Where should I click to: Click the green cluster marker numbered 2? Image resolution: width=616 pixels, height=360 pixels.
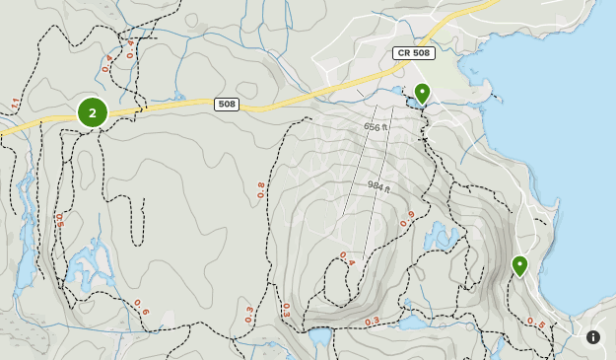93,112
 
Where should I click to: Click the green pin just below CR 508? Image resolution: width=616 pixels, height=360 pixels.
422,94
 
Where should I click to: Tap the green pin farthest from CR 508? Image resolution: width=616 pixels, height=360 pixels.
519,265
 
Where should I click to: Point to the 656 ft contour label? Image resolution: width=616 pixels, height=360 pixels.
376,126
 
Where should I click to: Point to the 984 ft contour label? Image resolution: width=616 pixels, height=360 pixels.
380,187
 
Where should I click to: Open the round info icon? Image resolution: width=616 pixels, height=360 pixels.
593,337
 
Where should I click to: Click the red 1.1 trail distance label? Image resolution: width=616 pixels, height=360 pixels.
15,104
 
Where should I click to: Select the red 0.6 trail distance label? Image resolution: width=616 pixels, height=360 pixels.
141,308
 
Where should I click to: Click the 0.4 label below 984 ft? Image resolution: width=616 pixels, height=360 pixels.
347,258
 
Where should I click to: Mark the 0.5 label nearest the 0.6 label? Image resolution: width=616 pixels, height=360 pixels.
59,221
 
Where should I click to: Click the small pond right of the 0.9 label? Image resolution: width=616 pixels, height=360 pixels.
441,238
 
